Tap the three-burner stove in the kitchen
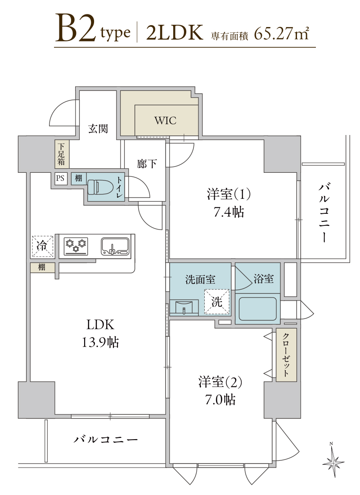76,246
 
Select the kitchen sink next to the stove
115,246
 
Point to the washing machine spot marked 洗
217,302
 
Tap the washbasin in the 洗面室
184,307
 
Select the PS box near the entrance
60,178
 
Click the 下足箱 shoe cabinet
61,154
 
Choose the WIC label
166,120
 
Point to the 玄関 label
98,129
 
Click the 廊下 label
147,163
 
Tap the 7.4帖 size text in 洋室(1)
229,212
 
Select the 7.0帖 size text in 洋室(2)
220,400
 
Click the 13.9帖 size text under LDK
100,342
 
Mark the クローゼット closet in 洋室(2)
286,355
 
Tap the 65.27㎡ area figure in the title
281,33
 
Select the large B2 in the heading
76,28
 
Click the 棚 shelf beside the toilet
78,178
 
